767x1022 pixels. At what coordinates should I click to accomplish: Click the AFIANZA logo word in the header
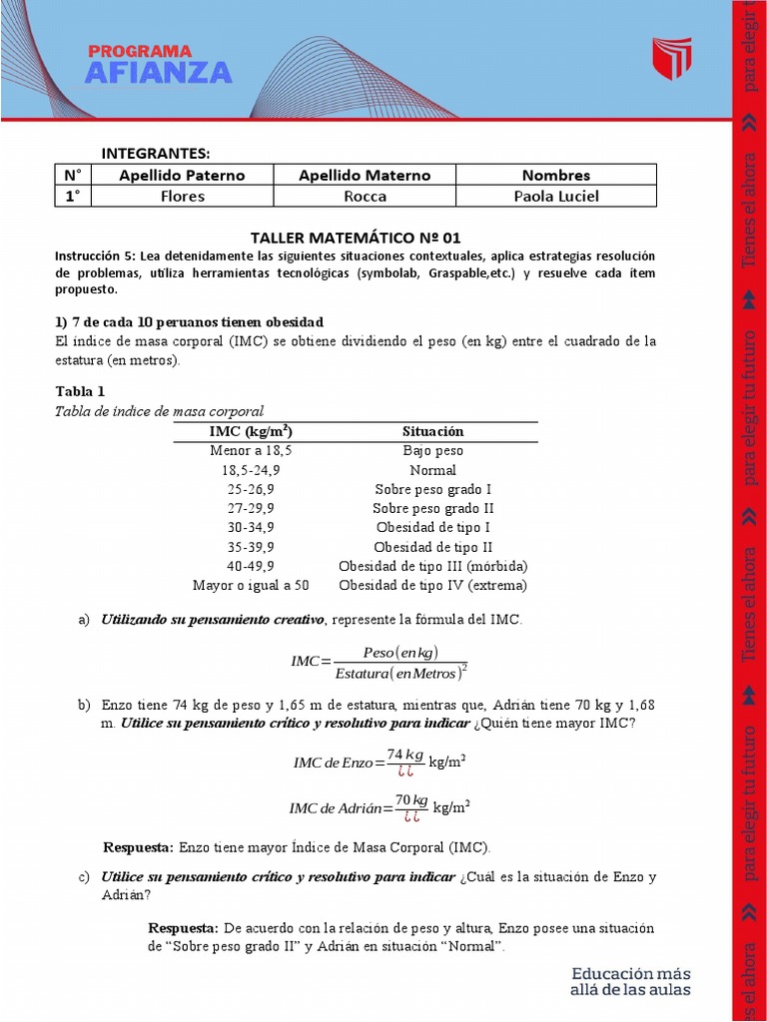point(159,72)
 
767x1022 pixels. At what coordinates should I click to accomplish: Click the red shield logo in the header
point(671,60)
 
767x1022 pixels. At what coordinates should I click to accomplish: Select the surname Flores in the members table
point(183,197)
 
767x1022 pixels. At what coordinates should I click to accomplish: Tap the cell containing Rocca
point(365,197)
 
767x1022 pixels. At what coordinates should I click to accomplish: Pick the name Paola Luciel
point(556,197)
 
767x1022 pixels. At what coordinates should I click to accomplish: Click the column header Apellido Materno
point(365,175)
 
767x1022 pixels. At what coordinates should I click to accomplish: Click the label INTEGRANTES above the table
point(156,153)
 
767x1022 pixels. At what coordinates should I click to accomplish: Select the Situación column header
point(432,431)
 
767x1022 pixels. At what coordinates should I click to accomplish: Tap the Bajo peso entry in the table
point(432,451)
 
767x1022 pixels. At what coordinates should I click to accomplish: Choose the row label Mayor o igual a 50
point(251,585)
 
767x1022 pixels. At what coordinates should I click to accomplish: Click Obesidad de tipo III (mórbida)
point(432,566)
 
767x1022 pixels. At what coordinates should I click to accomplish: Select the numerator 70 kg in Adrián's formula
point(410,800)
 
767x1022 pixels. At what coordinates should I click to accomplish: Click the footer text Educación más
point(630,973)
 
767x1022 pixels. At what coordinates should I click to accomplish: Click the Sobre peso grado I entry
point(432,489)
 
